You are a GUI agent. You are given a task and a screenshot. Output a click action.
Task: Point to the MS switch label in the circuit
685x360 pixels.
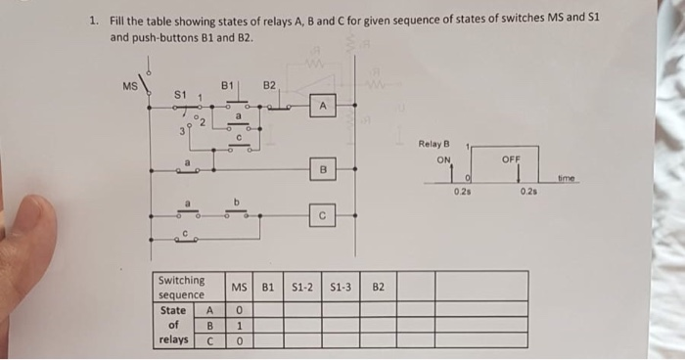(130, 85)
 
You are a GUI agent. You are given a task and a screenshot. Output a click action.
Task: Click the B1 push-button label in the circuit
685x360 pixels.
(227, 86)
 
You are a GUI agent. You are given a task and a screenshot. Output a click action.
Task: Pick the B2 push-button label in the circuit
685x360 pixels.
(270, 86)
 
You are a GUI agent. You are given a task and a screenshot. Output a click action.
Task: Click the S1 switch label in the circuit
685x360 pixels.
(179, 94)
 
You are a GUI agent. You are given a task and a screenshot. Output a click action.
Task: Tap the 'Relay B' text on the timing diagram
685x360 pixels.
(433, 144)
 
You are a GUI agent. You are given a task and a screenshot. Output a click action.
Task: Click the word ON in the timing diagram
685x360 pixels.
(443, 158)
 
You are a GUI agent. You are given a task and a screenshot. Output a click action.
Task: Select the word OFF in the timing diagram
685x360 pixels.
(511, 158)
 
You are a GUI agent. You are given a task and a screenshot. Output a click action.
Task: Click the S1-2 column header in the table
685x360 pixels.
(303, 288)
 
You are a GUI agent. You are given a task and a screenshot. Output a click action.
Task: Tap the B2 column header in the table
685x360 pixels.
(379, 288)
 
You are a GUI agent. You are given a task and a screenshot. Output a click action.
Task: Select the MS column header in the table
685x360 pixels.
(240, 288)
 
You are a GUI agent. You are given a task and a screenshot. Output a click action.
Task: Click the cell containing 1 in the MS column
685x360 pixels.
(240, 325)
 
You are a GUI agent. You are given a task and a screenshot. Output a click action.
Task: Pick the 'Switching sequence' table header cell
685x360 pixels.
(182, 288)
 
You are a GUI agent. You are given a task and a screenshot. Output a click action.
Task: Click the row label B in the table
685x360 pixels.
(208, 326)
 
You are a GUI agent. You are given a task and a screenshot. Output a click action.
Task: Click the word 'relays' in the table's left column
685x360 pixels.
(174, 340)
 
